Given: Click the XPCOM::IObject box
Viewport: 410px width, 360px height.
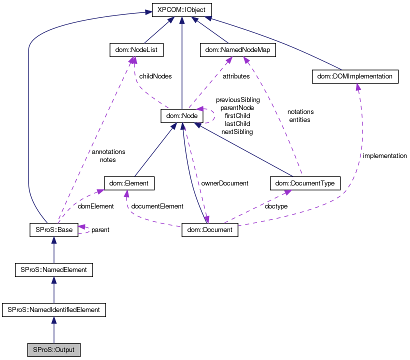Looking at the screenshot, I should (x=182, y=10).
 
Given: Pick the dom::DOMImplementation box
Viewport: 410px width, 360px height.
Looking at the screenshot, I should (x=355, y=76).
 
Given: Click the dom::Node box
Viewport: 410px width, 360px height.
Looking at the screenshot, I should (x=181, y=116).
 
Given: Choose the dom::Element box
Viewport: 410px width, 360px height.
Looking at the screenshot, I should (x=129, y=183).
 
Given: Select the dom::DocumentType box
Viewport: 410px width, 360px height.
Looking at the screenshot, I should (x=305, y=183).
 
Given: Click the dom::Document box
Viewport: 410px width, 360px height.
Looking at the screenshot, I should (x=209, y=229).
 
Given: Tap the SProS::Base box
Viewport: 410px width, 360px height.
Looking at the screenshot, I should (x=53, y=229).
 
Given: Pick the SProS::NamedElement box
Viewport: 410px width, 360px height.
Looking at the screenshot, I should (x=53, y=269).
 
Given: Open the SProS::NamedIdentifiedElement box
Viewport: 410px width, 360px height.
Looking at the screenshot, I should (x=53, y=309).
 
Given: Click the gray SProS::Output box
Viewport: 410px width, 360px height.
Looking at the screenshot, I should (x=53, y=349).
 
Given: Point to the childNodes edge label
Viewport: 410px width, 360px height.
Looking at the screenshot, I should (x=155, y=76).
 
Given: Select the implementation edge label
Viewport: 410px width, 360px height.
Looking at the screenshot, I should (x=384, y=156).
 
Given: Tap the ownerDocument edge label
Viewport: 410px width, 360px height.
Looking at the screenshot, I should (x=224, y=183).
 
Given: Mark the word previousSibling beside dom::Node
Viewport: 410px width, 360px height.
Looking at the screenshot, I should (x=237, y=100).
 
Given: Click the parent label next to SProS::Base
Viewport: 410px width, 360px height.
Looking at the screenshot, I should (x=100, y=230).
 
